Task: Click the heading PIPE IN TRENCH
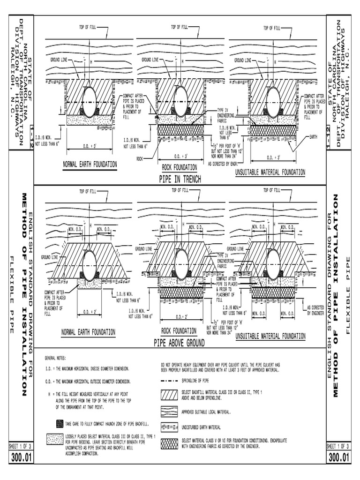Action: [x=180, y=179]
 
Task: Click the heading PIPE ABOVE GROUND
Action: [x=179, y=343]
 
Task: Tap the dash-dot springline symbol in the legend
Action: [x=169, y=381]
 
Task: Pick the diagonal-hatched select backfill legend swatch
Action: [x=169, y=395]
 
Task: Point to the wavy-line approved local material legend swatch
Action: [x=169, y=412]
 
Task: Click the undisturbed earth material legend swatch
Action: [x=169, y=427]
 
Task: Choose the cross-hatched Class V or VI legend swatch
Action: [x=169, y=443]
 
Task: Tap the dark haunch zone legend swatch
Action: [x=60, y=423]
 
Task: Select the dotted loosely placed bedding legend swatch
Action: [x=55, y=440]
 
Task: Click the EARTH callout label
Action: [x=315, y=137]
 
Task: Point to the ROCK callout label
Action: [x=139, y=158]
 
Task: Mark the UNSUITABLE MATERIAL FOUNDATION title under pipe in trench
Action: [x=270, y=172]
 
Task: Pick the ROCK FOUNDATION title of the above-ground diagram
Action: [x=179, y=330]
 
